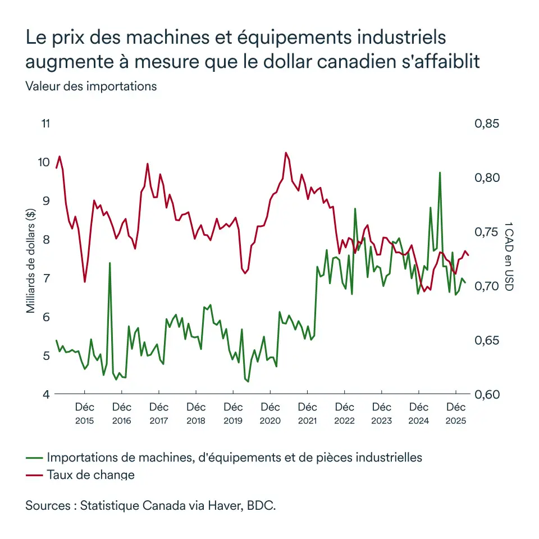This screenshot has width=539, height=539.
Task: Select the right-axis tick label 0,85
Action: pos(486,124)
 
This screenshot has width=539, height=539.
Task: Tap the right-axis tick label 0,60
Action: pos(486,395)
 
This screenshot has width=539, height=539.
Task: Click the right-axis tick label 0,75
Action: pos(486,232)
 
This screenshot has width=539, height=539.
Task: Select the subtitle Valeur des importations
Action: pos(91,86)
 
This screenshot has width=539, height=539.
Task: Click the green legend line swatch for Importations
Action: pos(35,457)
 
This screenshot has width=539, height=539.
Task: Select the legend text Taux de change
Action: pos(91,475)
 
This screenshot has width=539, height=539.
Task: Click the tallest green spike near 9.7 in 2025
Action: pos(440,173)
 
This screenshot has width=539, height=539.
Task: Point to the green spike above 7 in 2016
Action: pos(109,263)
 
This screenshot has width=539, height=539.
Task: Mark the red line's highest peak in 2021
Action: pos(286,153)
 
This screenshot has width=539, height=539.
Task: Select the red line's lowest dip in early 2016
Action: pos(85,282)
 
